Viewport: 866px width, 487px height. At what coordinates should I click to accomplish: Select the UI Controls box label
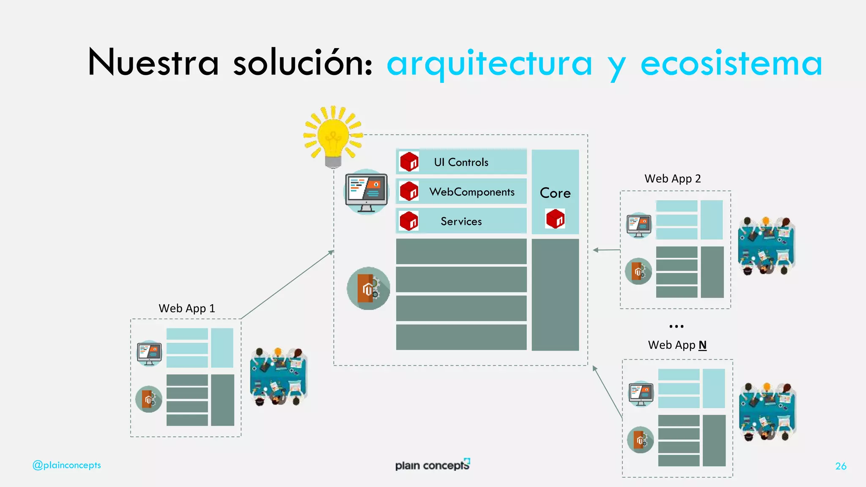[461, 162]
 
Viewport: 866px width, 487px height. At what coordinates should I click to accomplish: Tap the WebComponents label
[472, 192]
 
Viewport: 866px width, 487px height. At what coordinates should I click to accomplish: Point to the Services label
[461, 221]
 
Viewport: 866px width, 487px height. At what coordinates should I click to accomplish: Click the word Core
[555, 193]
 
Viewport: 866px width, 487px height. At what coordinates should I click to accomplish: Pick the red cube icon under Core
[555, 219]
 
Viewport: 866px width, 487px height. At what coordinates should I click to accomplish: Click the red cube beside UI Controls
[409, 162]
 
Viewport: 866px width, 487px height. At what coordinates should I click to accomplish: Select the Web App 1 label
[186, 308]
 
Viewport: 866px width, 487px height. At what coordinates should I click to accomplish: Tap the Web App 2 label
[672, 178]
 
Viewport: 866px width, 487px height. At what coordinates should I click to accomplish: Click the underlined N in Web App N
[702, 345]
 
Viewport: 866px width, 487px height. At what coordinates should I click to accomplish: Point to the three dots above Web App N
[676, 326]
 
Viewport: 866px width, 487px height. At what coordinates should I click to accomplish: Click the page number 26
[841, 466]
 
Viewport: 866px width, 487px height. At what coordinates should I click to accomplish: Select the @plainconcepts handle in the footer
[67, 465]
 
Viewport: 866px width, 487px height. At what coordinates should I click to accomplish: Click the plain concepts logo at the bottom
[433, 465]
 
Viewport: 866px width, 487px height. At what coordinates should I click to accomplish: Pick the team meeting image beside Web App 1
[279, 377]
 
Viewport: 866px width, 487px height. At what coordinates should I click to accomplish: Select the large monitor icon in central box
[366, 192]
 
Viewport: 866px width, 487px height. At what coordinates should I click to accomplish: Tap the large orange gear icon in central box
[368, 288]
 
